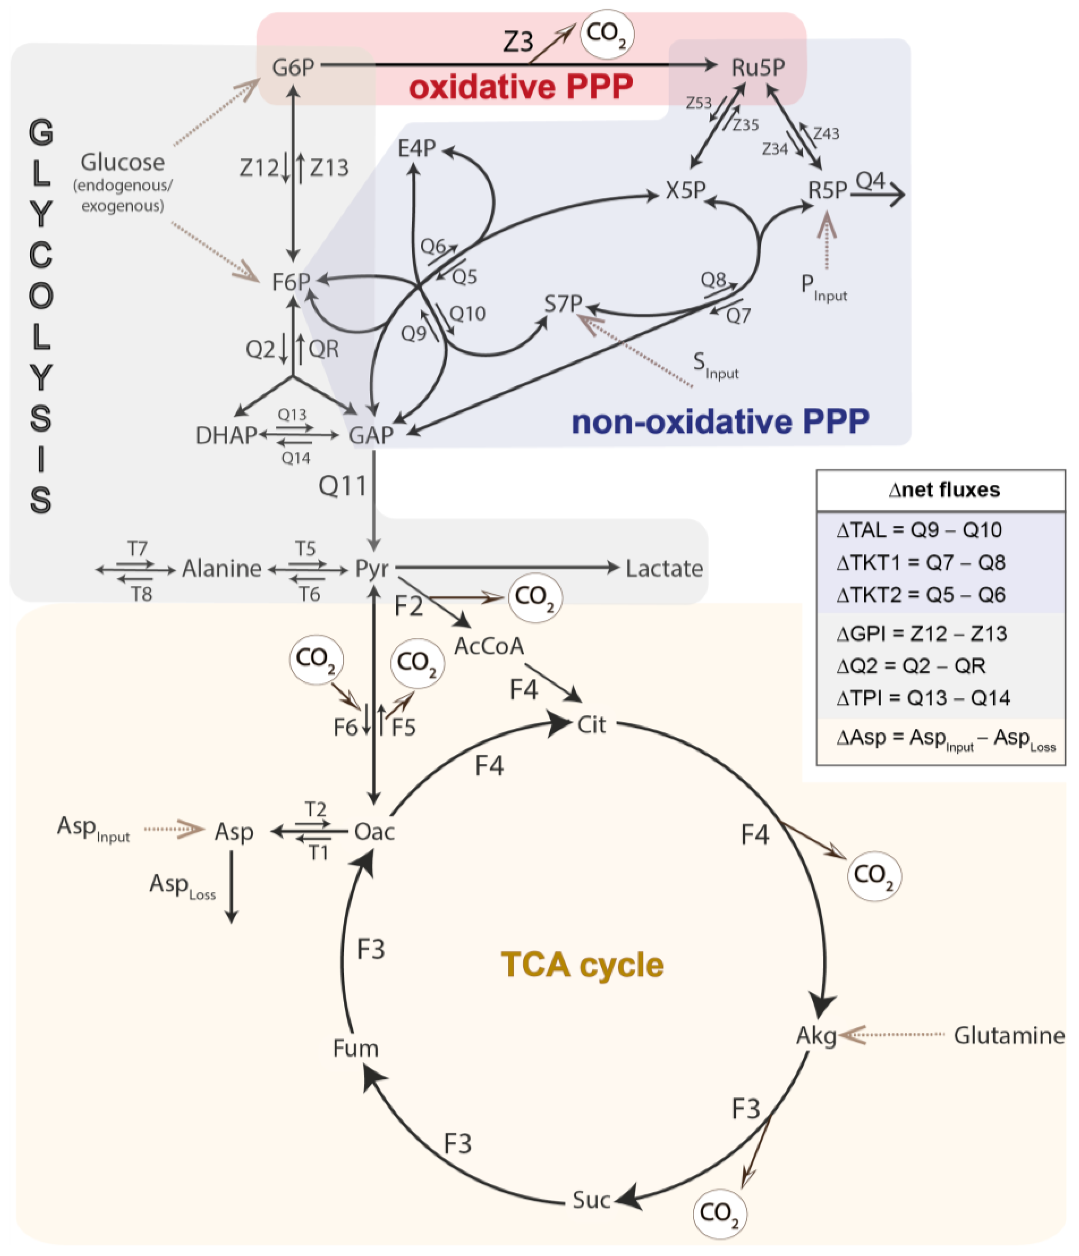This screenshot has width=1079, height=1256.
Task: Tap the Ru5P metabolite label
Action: (757, 67)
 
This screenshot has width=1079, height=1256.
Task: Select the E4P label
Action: (416, 148)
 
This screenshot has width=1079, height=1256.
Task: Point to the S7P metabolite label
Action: (563, 303)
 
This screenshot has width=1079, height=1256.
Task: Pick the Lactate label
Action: (664, 569)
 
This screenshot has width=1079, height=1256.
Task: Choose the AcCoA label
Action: (489, 646)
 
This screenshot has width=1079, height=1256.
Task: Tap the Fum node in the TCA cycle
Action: (356, 1048)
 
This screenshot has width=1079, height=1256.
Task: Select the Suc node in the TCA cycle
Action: (591, 1200)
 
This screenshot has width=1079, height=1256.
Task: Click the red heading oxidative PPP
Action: (521, 87)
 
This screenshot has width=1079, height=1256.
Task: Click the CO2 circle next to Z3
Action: (606, 34)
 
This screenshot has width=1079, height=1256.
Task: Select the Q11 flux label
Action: (343, 486)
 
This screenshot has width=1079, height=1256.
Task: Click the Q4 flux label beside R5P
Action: (870, 181)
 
